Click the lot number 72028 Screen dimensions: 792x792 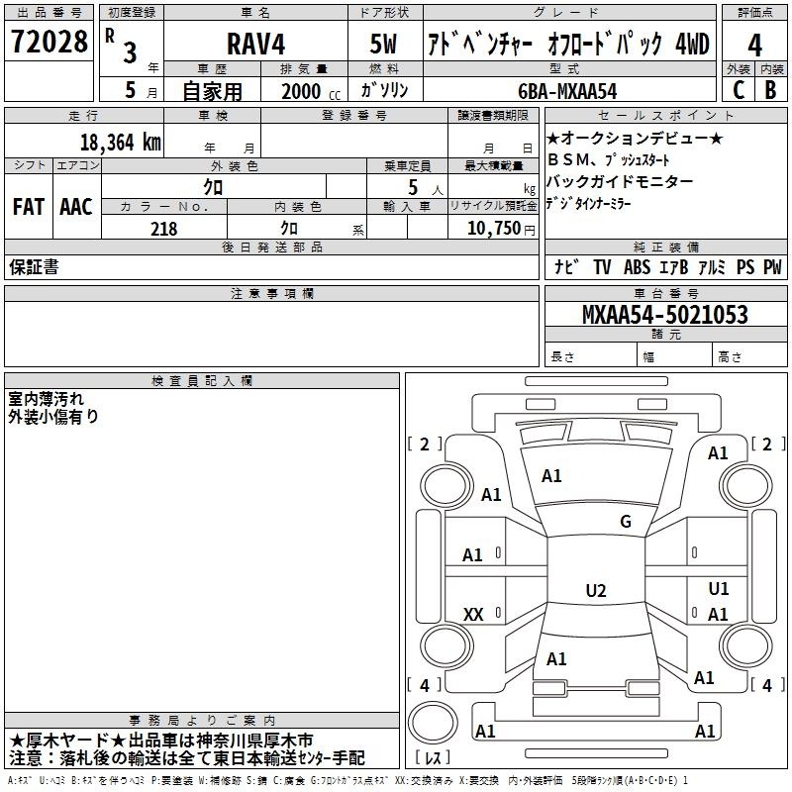(x=49, y=42)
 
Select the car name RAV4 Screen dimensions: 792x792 (x=255, y=44)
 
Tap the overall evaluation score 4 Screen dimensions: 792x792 (x=754, y=46)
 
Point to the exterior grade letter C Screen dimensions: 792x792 (x=739, y=90)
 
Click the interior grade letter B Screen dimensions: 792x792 (x=770, y=90)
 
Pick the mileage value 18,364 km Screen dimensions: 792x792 (x=121, y=143)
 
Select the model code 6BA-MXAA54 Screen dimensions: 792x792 (x=567, y=91)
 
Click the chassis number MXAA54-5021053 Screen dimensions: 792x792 (x=664, y=315)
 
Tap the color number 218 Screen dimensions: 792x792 (x=163, y=229)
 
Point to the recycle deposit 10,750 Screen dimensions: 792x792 (x=494, y=229)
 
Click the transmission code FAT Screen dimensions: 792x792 (x=29, y=207)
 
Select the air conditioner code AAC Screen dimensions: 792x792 (x=76, y=207)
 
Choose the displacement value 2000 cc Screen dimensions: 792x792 (x=311, y=91)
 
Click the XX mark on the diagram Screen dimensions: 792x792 (x=473, y=614)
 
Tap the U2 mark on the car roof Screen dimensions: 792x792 (x=596, y=590)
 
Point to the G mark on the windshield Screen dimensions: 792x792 (x=626, y=522)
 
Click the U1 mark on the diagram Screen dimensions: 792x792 (x=719, y=588)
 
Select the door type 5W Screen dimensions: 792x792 (x=383, y=44)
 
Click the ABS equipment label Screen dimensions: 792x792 (x=637, y=266)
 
